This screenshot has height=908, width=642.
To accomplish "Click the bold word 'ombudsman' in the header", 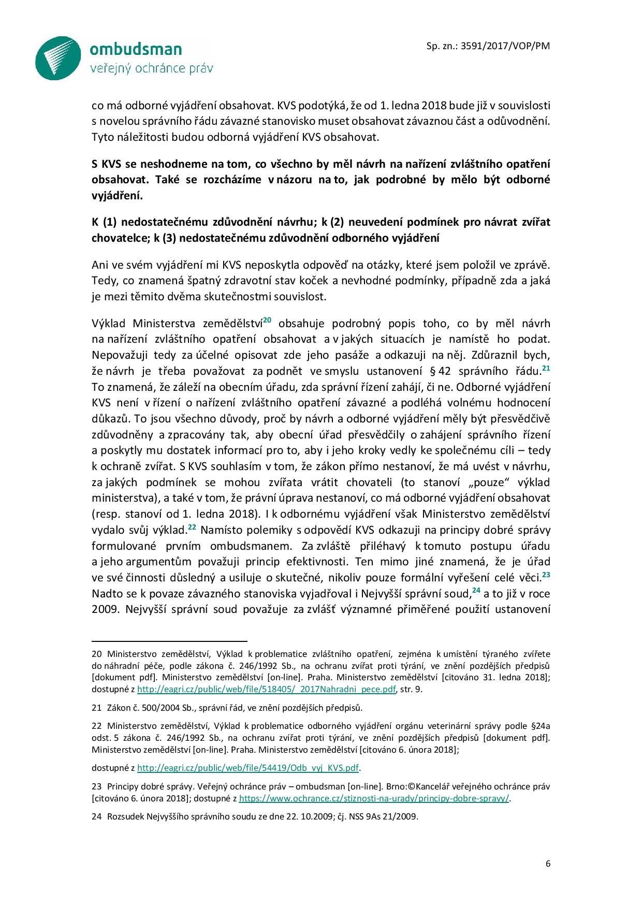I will [x=136, y=49].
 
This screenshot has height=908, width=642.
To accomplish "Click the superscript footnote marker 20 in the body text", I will [x=267, y=320].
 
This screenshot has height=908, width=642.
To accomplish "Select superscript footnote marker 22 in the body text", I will [x=191, y=526].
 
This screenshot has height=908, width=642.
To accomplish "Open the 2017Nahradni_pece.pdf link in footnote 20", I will [x=267, y=690].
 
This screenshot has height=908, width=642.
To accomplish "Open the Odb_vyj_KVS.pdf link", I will [x=249, y=767].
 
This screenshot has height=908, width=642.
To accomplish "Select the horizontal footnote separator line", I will [x=169, y=640].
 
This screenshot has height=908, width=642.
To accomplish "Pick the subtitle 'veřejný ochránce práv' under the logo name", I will [x=151, y=68].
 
